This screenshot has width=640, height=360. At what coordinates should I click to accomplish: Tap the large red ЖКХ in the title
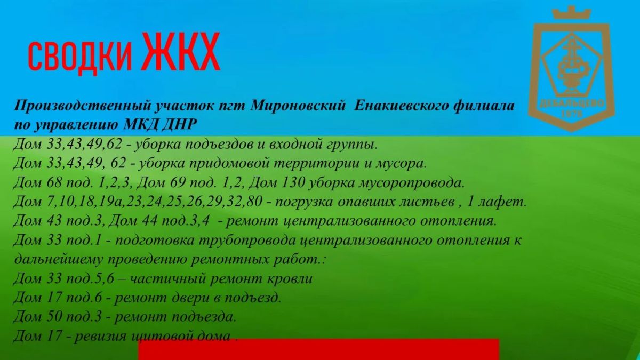tap(182, 51)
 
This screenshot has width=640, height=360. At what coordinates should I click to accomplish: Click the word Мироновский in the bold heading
tap(298, 106)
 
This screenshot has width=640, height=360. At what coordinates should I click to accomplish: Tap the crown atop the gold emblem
tap(571, 13)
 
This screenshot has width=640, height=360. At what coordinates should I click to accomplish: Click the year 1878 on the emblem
tap(571, 114)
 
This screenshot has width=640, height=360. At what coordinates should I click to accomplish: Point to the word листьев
tap(428, 202)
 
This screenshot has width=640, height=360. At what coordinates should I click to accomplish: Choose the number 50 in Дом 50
tap(54, 316)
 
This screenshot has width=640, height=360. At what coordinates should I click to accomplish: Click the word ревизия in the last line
tap(100, 336)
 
